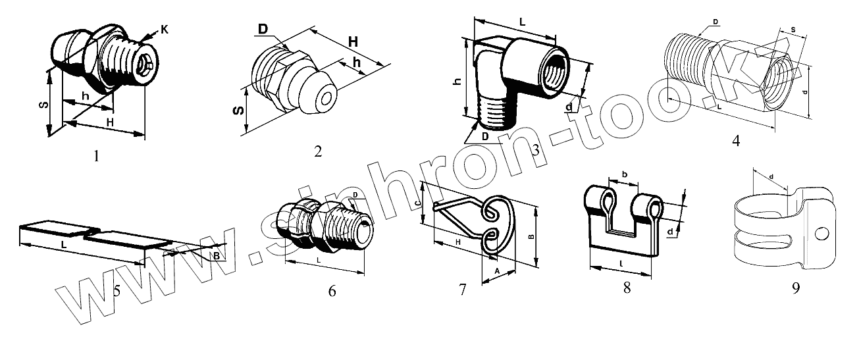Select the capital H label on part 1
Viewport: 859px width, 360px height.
[110, 123]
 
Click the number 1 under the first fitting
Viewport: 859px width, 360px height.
[97, 156]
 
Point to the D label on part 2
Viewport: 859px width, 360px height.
[263, 30]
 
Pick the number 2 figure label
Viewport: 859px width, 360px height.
[318, 152]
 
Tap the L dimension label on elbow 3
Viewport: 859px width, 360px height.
[522, 22]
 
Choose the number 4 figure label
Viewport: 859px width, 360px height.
[736, 140]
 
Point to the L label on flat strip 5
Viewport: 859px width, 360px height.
[63, 244]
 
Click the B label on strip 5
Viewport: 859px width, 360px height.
[215, 255]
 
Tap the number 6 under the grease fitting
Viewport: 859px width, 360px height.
[332, 290]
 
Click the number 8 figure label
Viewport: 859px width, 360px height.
[627, 288]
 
